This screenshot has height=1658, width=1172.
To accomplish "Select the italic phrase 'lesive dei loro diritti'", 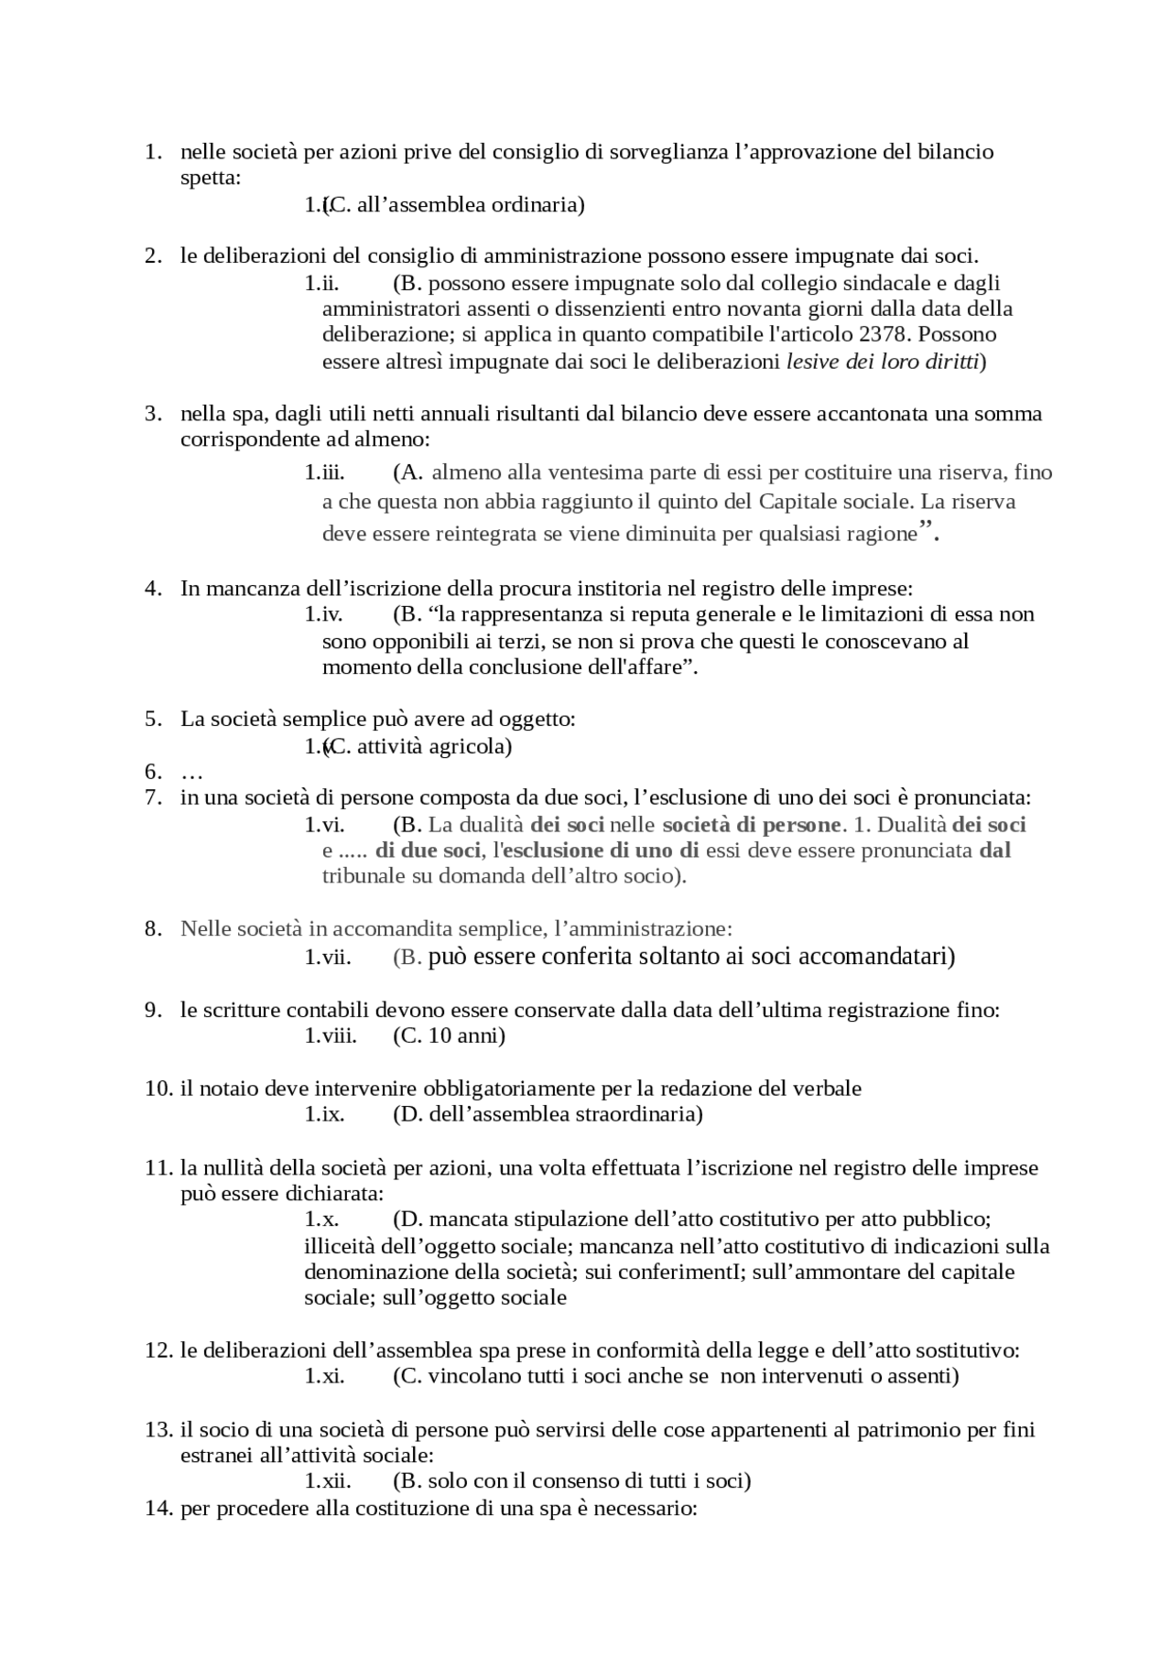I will [883, 362].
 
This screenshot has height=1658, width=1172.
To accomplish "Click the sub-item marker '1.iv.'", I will [323, 614].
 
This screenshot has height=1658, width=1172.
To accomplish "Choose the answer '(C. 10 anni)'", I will [449, 1035].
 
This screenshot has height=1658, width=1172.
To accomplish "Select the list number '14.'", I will [158, 1508].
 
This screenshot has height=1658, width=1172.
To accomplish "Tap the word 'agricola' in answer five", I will [472, 746].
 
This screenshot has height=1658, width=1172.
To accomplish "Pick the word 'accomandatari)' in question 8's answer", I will [877, 957].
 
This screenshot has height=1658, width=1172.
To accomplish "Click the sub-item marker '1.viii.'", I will [331, 1035].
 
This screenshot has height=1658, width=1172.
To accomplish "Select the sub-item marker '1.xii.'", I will [328, 1480].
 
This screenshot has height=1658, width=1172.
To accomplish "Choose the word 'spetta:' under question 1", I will [211, 178].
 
